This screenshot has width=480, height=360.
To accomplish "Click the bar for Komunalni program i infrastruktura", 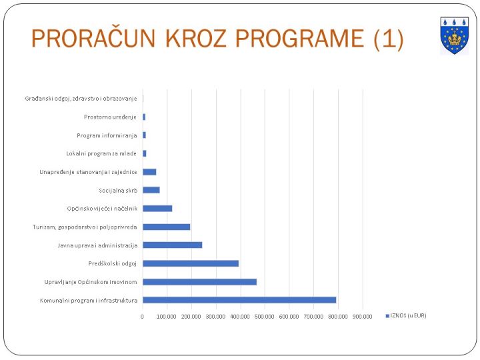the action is pyautogui.click(x=239, y=300).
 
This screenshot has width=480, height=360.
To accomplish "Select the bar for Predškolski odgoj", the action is pyautogui.click(x=191, y=263).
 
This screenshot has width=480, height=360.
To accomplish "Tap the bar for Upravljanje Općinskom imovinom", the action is pyautogui.click(x=199, y=281).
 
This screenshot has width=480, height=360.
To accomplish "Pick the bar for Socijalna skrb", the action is pyautogui.click(x=151, y=190).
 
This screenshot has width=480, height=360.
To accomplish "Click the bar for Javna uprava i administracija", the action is pyautogui.click(x=173, y=245).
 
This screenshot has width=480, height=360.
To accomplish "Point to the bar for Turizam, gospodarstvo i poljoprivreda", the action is pyautogui.click(x=167, y=227).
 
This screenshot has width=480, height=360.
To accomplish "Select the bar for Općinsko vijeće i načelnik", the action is pyautogui.click(x=157, y=209).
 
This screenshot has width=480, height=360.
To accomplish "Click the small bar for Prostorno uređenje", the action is pyautogui.click(x=144, y=117).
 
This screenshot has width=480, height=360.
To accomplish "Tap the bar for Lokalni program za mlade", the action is pyautogui.click(x=145, y=153).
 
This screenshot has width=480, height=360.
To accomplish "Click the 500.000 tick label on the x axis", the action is pyautogui.click(x=264, y=317).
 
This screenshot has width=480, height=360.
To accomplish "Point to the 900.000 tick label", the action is pyautogui.click(x=362, y=317).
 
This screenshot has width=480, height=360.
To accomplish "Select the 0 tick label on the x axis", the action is pyautogui.click(x=142, y=317).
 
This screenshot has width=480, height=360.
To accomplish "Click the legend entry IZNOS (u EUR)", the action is pyautogui.click(x=406, y=315).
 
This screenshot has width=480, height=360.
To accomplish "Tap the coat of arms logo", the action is pyautogui.click(x=454, y=35).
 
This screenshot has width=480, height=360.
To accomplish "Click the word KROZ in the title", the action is pyautogui.click(x=195, y=39).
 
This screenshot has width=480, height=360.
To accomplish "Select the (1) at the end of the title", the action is pyautogui.click(x=389, y=39).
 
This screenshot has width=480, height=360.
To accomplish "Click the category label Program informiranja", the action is pyautogui.click(x=107, y=135).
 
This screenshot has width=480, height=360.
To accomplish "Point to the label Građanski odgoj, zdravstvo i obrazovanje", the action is pyautogui.click(x=81, y=99).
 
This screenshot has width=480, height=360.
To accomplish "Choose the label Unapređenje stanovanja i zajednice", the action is pyautogui.click(x=88, y=172).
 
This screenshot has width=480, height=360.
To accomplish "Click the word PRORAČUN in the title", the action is pyautogui.click(x=93, y=38).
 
